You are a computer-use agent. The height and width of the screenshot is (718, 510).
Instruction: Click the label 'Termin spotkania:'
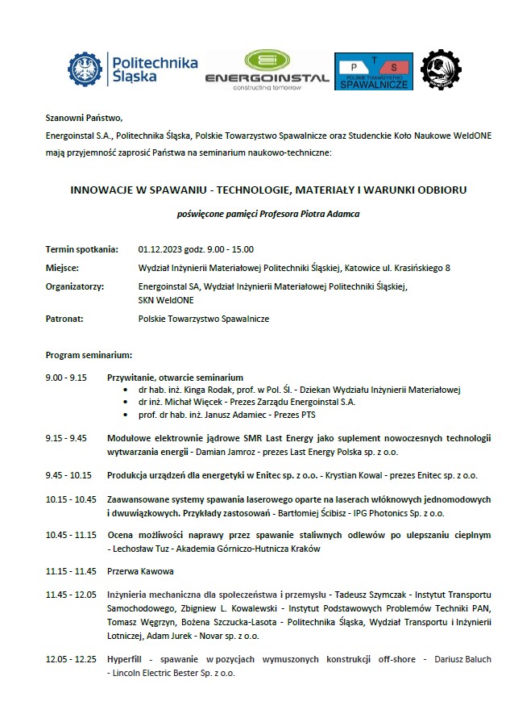[x=82, y=248]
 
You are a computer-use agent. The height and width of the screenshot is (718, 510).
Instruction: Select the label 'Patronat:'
[x=65, y=319]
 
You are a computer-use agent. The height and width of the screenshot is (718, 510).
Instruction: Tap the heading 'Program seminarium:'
[x=89, y=354]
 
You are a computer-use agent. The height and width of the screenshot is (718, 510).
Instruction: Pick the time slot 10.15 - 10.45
[x=71, y=499]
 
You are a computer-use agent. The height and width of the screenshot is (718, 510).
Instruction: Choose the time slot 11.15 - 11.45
[x=71, y=571]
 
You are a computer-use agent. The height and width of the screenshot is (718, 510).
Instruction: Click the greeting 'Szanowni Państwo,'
[x=84, y=117]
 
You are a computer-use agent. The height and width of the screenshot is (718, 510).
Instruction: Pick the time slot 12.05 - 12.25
[x=71, y=659]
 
